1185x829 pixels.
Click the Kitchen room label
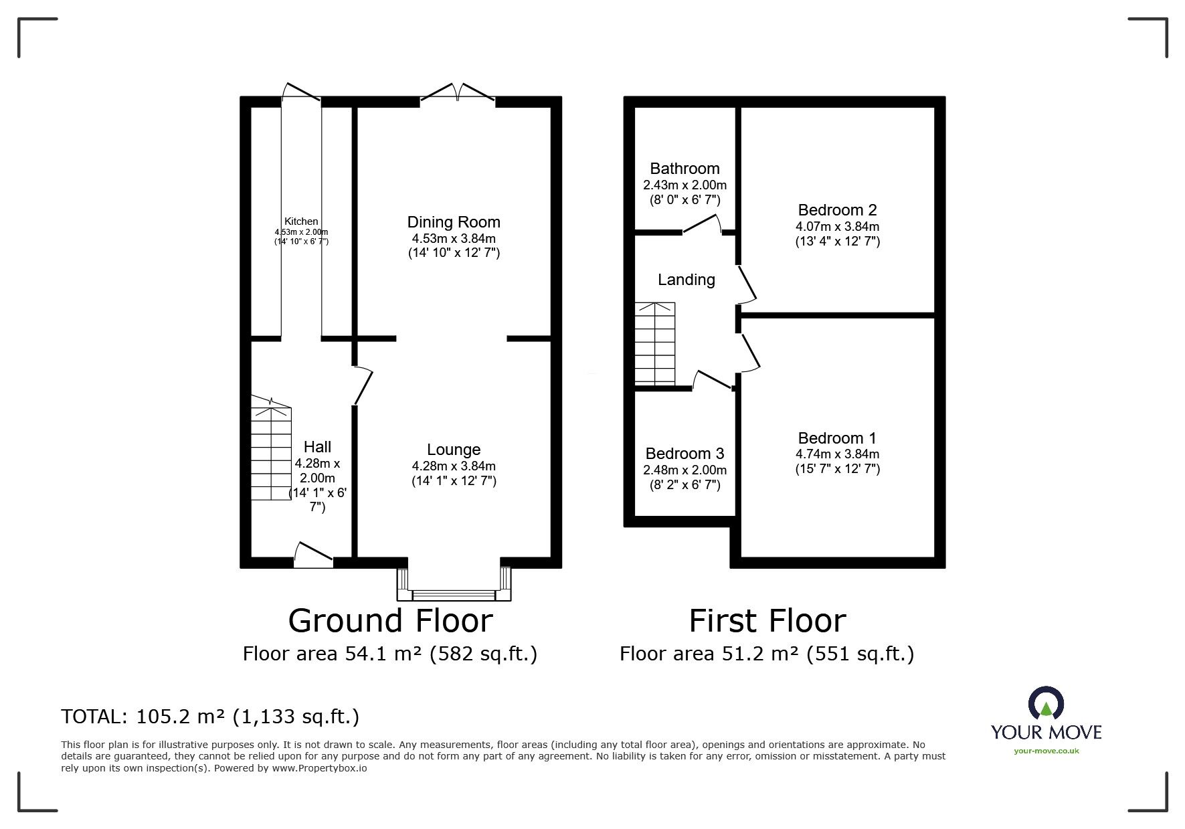click(x=301, y=221)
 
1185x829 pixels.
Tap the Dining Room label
click(x=454, y=222)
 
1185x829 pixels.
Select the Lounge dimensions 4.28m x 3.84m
click(x=454, y=466)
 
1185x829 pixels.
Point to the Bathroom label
click(x=685, y=169)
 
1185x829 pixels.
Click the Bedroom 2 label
click(x=837, y=211)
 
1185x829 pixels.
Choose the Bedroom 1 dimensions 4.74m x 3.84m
click(x=837, y=454)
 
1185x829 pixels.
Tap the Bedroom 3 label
click(x=685, y=454)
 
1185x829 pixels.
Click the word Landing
click(x=687, y=280)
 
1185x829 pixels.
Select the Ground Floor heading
click(x=390, y=620)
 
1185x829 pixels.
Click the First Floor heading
click(x=767, y=620)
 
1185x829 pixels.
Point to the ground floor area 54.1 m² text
click(x=390, y=654)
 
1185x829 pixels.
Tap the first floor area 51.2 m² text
click(x=767, y=654)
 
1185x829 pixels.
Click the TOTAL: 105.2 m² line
click(x=210, y=717)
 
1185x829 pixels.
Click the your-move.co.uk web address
click(x=1046, y=751)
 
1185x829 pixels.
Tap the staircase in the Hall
click(x=272, y=448)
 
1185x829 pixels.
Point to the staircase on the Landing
click(x=655, y=343)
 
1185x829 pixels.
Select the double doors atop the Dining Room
click(x=458, y=93)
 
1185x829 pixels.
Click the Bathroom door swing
click(x=702, y=224)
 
